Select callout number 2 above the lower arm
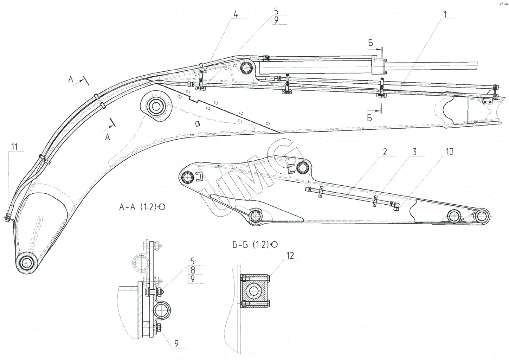click(x=385, y=152)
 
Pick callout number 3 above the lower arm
click(x=414, y=152)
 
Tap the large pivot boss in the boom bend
click(x=155, y=105)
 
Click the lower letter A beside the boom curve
click(x=108, y=137)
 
